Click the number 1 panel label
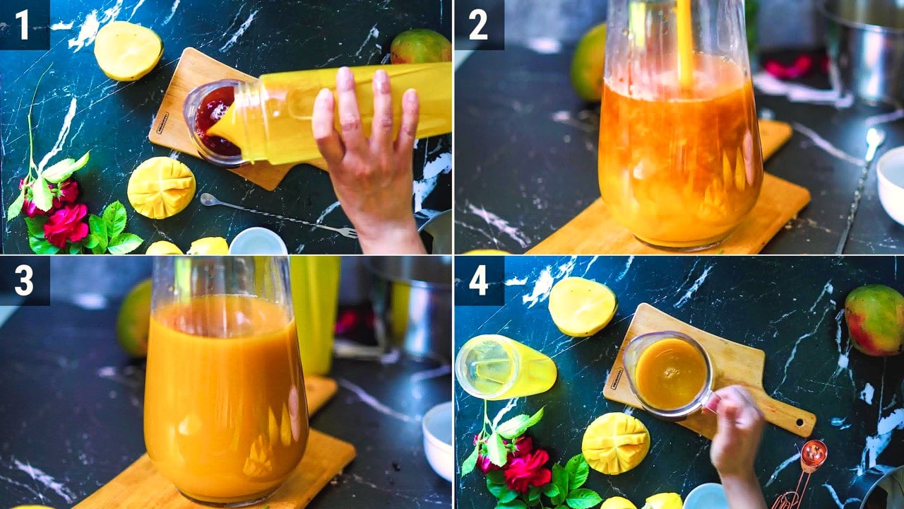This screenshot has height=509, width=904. click(23, 25)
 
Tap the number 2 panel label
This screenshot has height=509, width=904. click(478, 25)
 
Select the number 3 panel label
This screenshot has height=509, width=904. click(24, 281)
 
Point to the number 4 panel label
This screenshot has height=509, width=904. click(479, 281)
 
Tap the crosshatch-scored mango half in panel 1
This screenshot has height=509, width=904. click(162, 187)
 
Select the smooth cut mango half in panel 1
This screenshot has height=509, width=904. click(129, 50)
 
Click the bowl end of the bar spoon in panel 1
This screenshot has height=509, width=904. click(208, 199)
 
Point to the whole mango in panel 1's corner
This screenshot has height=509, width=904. click(420, 47)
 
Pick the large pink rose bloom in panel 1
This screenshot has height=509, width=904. click(66, 225)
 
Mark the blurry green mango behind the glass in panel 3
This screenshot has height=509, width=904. click(134, 319)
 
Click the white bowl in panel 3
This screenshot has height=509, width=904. click(437, 441)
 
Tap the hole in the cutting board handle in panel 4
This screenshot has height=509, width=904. click(799, 423)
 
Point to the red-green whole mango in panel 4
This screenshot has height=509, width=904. click(874, 320)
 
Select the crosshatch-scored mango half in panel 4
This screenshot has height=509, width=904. click(616, 443)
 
